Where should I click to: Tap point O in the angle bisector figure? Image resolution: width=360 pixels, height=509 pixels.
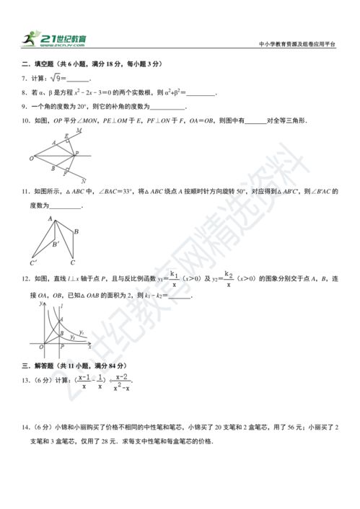pos(31,158)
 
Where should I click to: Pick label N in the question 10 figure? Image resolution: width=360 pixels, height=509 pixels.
pos(84,181)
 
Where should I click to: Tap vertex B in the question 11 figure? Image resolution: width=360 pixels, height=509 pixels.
pos(76,231)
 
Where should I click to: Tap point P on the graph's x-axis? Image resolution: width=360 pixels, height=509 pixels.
pos(62,347)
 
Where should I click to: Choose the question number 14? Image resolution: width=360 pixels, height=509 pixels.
pos(25,426)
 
